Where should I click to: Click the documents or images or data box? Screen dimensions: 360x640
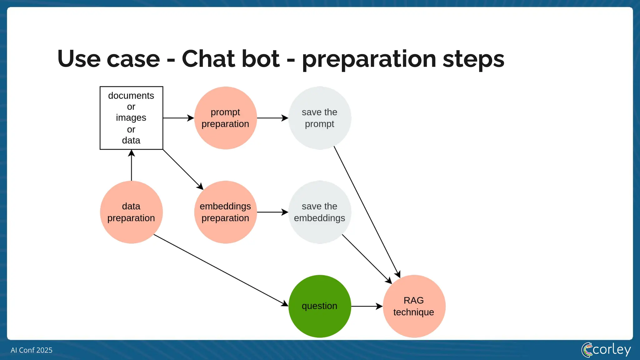pyautogui.click(x=131, y=118)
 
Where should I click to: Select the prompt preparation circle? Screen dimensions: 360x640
pyautogui.click(x=225, y=118)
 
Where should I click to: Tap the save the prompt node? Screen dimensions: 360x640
pyautogui.click(x=319, y=118)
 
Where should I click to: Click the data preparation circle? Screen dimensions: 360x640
pyautogui.click(x=131, y=212)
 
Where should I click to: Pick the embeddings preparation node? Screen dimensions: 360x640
pyautogui.click(x=225, y=212)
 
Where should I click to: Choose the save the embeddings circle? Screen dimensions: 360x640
pyautogui.click(x=319, y=212)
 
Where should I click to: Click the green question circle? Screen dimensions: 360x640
pyautogui.click(x=319, y=306)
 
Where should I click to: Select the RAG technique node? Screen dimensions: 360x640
pyautogui.click(x=414, y=306)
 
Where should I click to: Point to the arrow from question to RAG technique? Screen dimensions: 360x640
pyautogui.click(x=367, y=306)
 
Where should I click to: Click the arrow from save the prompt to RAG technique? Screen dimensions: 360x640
pyautogui.click(x=367, y=212)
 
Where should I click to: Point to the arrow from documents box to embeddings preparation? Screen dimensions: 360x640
pyautogui.click(x=183, y=169)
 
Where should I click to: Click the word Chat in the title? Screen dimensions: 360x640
pyautogui.click(x=230, y=59)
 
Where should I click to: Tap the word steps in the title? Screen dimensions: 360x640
pyautogui.click(x=473, y=59)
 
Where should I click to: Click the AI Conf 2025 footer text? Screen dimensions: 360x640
pyautogui.click(x=32, y=350)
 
